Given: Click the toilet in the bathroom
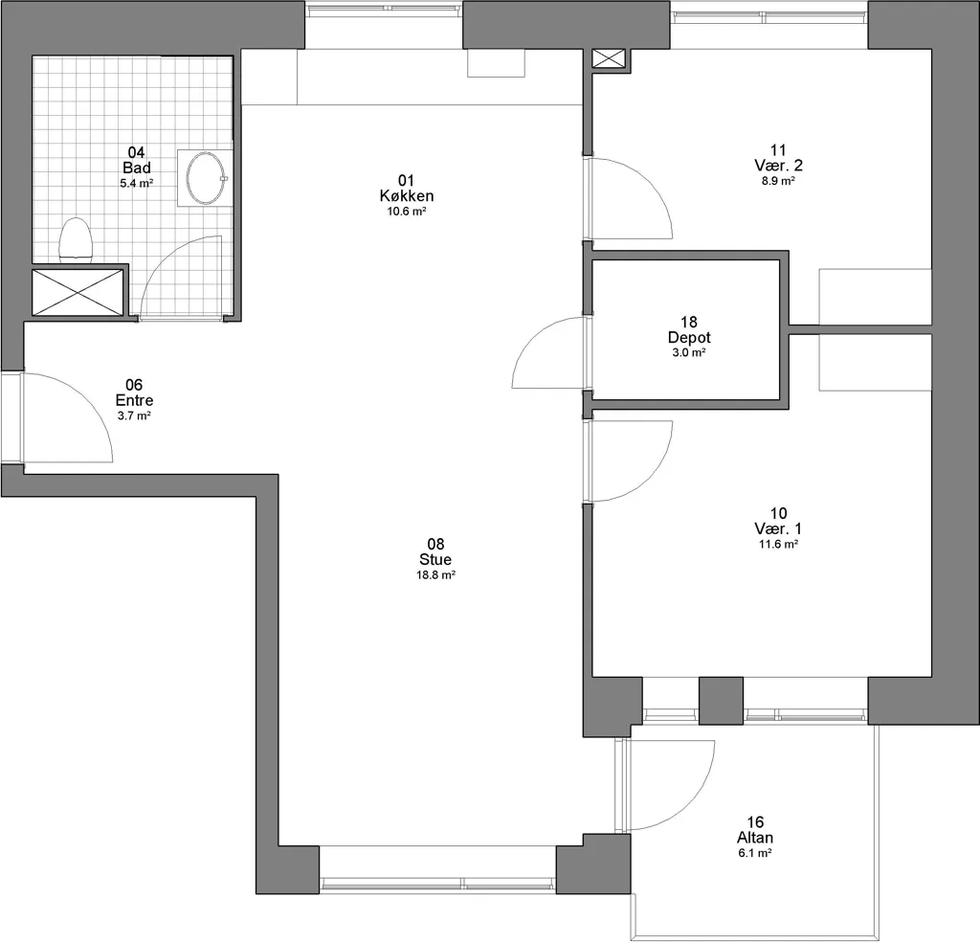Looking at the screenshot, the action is (x=76, y=239).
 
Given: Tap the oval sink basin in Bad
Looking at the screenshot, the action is (x=205, y=178).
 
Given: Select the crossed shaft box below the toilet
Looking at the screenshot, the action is (x=78, y=292).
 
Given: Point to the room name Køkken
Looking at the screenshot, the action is (x=406, y=195).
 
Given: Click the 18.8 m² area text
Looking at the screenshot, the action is (x=435, y=575).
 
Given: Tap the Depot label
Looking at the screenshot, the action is (x=689, y=338).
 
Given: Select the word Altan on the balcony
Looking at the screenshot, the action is (x=755, y=838).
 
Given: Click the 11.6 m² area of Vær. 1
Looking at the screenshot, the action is (x=778, y=545).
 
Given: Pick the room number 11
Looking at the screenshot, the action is (x=778, y=150).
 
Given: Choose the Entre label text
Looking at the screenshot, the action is (x=134, y=400).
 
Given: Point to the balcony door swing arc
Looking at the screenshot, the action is (x=693, y=801).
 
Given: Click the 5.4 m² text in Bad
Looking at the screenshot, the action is (x=137, y=183).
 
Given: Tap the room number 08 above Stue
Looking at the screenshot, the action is (x=435, y=544).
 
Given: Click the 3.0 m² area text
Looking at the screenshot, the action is (x=689, y=352).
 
